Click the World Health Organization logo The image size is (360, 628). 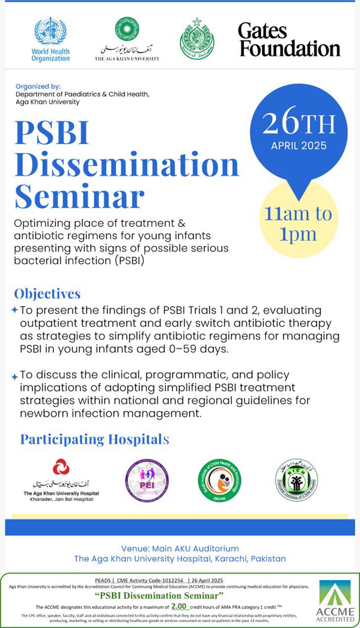point(50,39)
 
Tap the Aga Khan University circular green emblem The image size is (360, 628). point(127,29)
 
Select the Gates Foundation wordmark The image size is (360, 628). point(289,40)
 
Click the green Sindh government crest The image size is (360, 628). point(197,39)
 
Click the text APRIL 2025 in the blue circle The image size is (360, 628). point(299,146)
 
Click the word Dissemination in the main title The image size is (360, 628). point(127,165)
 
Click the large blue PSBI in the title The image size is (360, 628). point(52,133)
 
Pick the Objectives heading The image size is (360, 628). point(47,293)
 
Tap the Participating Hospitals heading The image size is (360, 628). point(94,439)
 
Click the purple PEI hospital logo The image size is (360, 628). point(147,480)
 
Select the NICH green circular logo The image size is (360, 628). point(296,480)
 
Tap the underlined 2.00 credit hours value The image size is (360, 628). point(180,606)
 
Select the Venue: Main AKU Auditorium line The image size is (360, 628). point(180,548)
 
